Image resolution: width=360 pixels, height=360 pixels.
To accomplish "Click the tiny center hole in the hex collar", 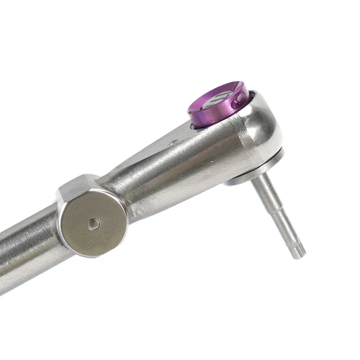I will (x=94, y=224).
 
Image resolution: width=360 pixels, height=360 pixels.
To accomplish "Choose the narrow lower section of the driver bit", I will (x=288, y=230).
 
